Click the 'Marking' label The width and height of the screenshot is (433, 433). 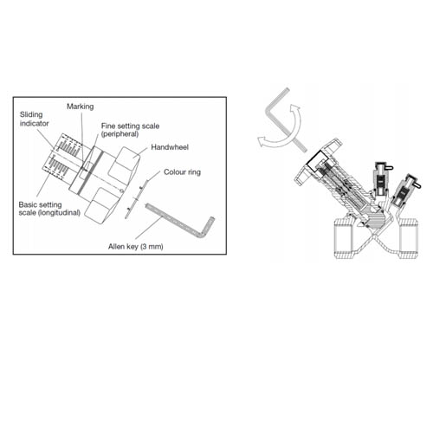(81, 107)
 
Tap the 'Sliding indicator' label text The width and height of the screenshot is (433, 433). (34, 119)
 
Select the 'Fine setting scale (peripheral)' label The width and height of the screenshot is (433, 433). (130, 130)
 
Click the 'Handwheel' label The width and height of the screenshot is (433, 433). (170, 147)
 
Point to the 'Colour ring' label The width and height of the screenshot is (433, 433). (182, 172)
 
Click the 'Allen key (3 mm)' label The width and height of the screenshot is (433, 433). (136, 247)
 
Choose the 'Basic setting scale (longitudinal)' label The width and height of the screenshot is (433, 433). (49, 209)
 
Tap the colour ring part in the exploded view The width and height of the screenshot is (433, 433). (136, 198)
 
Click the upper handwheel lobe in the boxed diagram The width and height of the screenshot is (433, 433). (125, 164)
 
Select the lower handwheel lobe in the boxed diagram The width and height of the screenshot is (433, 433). (100, 205)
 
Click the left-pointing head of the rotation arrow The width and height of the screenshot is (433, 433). (262, 141)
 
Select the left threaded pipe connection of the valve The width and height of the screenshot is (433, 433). (344, 238)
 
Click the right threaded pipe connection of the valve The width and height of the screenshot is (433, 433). (408, 238)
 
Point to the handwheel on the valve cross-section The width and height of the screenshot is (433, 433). (318, 162)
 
